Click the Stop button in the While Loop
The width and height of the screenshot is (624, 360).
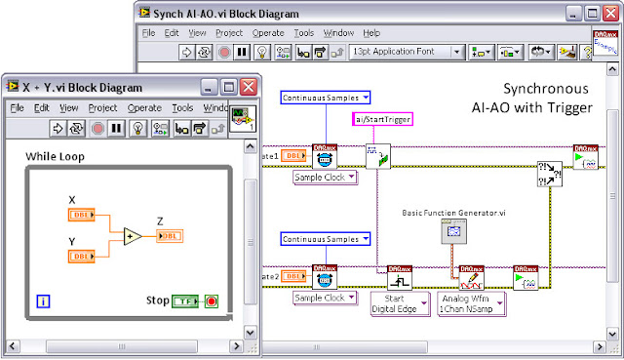[212, 300]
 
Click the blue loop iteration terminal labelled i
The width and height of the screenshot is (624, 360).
[44, 302]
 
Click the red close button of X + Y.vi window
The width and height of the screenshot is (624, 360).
[248, 87]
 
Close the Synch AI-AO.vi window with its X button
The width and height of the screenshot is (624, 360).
[608, 13]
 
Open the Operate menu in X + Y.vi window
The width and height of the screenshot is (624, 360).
[144, 107]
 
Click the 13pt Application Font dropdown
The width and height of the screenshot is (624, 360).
[407, 51]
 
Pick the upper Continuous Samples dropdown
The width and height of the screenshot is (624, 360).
[326, 98]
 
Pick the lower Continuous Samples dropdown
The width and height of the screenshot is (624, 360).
[326, 239]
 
